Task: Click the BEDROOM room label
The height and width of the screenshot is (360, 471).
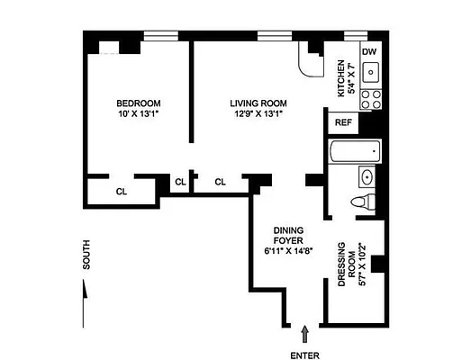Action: tap(138, 102)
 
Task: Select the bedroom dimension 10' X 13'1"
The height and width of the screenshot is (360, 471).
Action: tap(138, 113)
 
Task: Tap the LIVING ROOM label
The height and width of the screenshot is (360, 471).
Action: tap(257, 103)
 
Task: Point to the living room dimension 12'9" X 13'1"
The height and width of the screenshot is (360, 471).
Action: tap(257, 114)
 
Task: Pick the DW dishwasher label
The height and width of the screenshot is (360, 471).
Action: tap(368, 51)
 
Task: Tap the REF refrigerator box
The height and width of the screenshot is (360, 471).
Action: tap(343, 122)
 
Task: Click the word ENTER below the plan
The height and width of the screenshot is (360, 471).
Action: tap(305, 355)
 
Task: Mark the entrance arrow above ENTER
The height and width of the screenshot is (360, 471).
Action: tap(304, 334)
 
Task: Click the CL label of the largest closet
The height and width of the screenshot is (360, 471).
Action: tap(120, 191)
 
